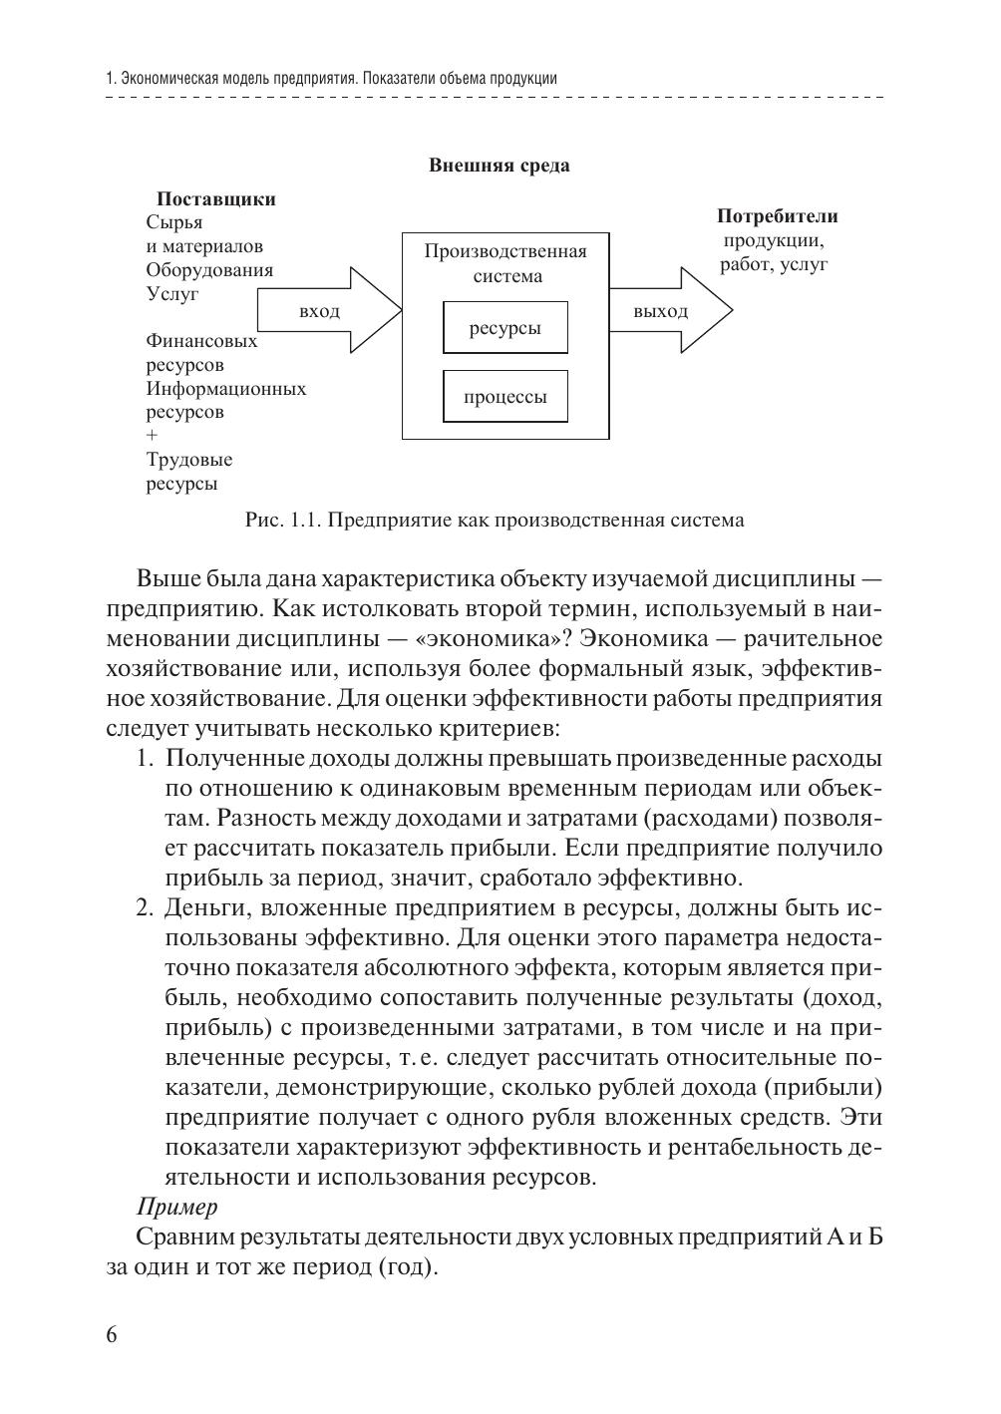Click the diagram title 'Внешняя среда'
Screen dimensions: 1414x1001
click(499, 166)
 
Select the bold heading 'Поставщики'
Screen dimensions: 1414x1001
click(216, 199)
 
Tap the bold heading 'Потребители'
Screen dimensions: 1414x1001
click(778, 216)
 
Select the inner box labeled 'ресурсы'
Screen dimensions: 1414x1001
click(505, 328)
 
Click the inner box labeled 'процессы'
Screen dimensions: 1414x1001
click(505, 397)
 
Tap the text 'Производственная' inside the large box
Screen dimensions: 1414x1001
click(505, 251)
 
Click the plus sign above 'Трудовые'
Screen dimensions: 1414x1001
click(152, 436)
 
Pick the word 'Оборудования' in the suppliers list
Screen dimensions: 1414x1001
click(209, 270)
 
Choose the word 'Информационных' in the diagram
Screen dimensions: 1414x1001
click(226, 389)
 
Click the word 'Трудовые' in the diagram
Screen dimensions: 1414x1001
click(189, 461)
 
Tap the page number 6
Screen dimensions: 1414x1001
click(111, 1335)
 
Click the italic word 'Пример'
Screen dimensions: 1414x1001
click(176, 1208)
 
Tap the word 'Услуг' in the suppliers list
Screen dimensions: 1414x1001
click(172, 294)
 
